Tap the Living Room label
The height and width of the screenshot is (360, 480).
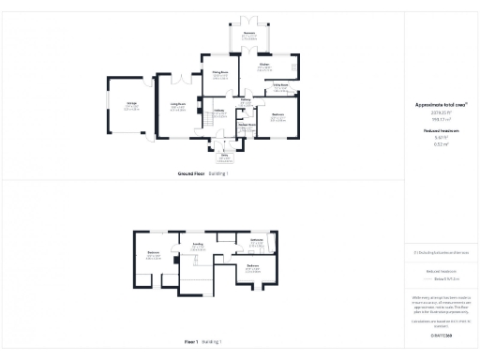coord(177,106)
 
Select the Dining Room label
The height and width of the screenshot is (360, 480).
coord(220,74)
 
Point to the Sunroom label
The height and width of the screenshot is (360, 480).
coord(249,34)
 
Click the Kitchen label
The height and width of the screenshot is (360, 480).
coord(266,65)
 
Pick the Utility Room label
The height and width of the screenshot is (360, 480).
coord(280,84)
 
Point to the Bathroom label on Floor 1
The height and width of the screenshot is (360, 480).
coord(257,241)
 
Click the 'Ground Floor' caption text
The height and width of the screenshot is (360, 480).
coord(192,173)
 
